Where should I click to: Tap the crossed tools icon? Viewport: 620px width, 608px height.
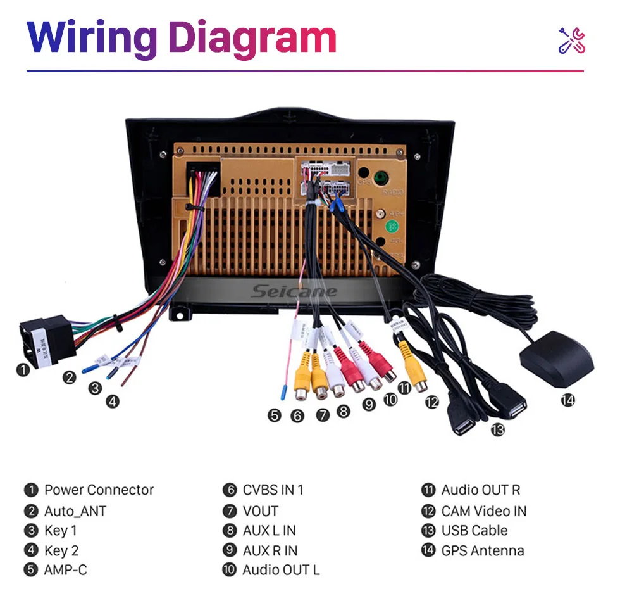pyautogui.click(x=571, y=41)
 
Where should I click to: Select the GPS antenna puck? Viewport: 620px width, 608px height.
pyautogui.click(x=557, y=359)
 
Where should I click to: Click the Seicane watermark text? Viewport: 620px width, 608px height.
pyautogui.click(x=294, y=291)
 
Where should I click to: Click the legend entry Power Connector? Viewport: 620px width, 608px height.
pyautogui.click(x=98, y=490)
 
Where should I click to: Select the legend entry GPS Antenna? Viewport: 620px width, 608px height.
pyautogui.click(x=482, y=551)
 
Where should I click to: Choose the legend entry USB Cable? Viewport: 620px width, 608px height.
pyautogui.click(x=474, y=531)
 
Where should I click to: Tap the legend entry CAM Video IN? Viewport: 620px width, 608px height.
pyautogui.click(x=483, y=511)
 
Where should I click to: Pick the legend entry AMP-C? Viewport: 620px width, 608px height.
pyautogui.click(x=65, y=570)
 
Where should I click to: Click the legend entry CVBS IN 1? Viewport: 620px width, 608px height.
pyautogui.click(x=273, y=490)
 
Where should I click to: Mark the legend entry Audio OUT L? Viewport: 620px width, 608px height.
pyautogui.click(x=280, y=570)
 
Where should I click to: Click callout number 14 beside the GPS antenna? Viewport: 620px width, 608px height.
pyautogui.click(x=567, y=400)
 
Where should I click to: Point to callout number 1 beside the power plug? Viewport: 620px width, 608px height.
pyautogui.click(x=23, y=369)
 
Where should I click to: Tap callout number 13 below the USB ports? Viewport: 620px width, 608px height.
pyautogui.click(x=497, y=430)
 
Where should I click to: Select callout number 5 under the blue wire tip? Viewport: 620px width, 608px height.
pyautogui.click(x=273, y=415)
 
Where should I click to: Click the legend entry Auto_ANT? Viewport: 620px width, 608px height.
pyautogui.click(x=75, y=511)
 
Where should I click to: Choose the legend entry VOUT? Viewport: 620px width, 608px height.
pyautogui.click(x=260, y=511)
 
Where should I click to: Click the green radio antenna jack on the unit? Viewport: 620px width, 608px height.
pyautogui.click(x=381, y=178)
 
